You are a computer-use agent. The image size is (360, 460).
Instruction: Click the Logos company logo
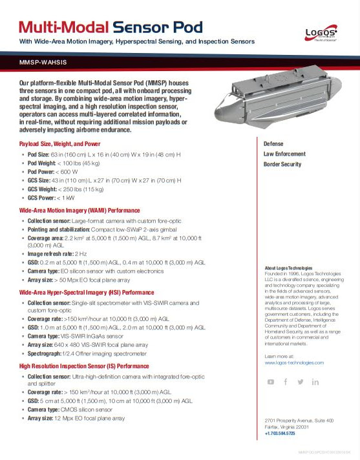pyautogui.click(x=321, y=34)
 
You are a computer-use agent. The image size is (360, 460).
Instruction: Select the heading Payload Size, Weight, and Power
pyautogui.click(x=60, y=143)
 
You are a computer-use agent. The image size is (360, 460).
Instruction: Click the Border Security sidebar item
pyautogui.click(x=282, y=164)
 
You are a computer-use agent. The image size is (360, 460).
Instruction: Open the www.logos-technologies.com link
pyautogui.click(x=294, y=363)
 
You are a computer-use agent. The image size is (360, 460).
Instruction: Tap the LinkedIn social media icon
pyautogui.click(x=315, y=382)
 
